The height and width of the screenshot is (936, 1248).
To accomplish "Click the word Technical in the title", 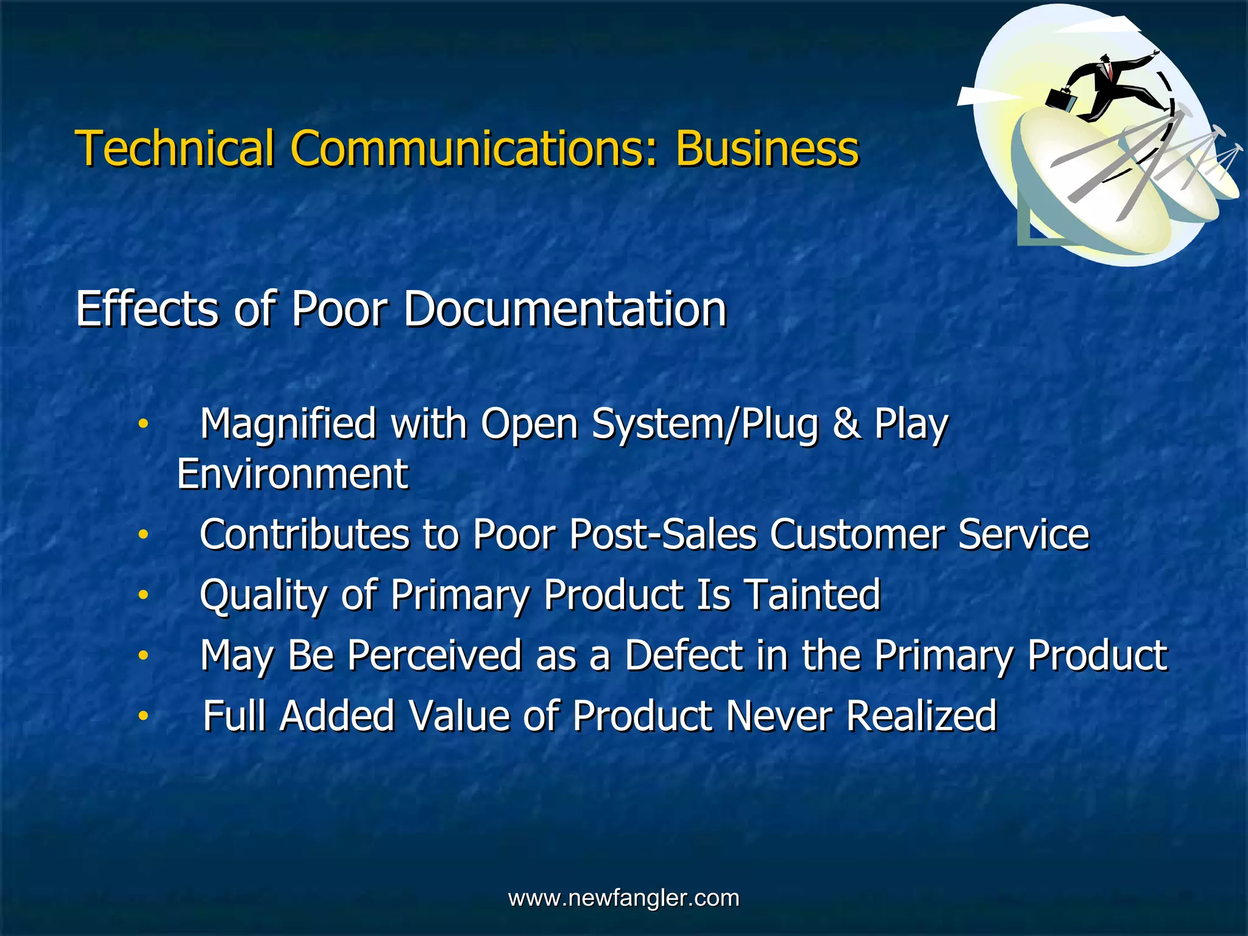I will pyautogui.click(x=175, y=148).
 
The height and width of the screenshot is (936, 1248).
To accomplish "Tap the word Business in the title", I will pyautogui.click(x=767, y=148).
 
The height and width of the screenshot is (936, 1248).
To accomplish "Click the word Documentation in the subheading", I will pyautogui.click(x=565, y=309).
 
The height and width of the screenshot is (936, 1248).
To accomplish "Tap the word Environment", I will pyautogui.click(x=292, y=474).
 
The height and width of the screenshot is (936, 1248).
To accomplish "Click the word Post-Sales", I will pyautogui.click(x=662, y=534).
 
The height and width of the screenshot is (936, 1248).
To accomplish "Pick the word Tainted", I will pyautogui.click(x=813, y=595).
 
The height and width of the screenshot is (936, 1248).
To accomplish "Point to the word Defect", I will pyautogui.click(x=684, y=656).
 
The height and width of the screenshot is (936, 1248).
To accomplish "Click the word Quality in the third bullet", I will pyautogui.click(x=263, y=596).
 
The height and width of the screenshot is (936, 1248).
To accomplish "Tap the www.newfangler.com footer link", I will pyautogui.click(x=623, y=898).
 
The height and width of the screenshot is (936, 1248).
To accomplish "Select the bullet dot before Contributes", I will pyautogui.click(x=143, y=534).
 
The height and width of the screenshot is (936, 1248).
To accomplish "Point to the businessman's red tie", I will pyautogui.click(x=1110, y=73).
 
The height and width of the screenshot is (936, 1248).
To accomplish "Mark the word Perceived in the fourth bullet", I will pyautogui.click(x=434, y=656).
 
